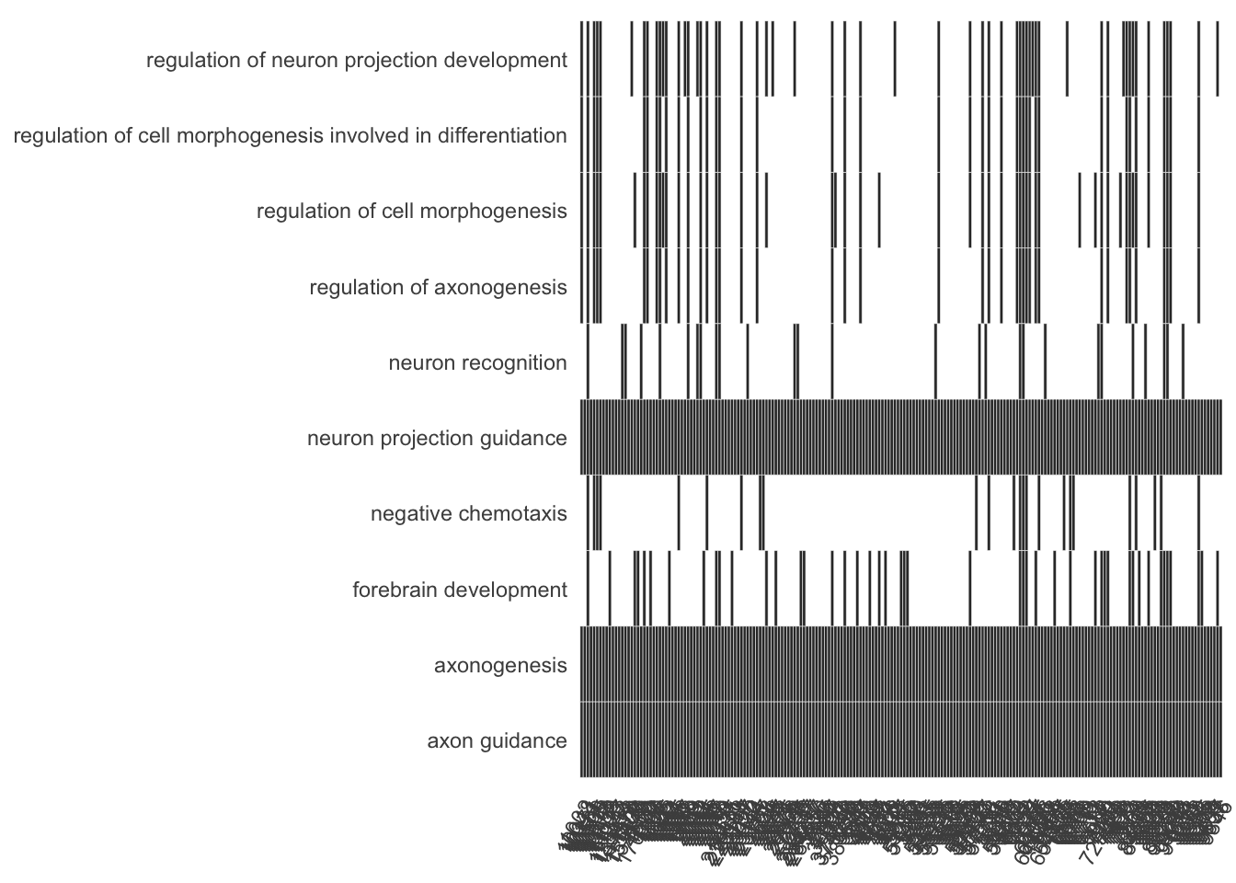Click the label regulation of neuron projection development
click(x=356, y=61)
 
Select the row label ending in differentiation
click(x=290, y=136)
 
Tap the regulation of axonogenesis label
click(x=438, y=288)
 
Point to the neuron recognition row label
click(x=477, y=363)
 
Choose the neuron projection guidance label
click(x=437, y=439)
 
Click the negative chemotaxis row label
click(x=468, y=514)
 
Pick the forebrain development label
click(x=459, y=590)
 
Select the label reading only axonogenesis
click(x=500, y=665)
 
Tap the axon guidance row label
click(x=497, y=741)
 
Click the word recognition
click(x=516, y=363)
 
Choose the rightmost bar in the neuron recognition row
click(x=1183, y=361)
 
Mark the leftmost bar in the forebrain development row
click(x=588, y=589)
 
